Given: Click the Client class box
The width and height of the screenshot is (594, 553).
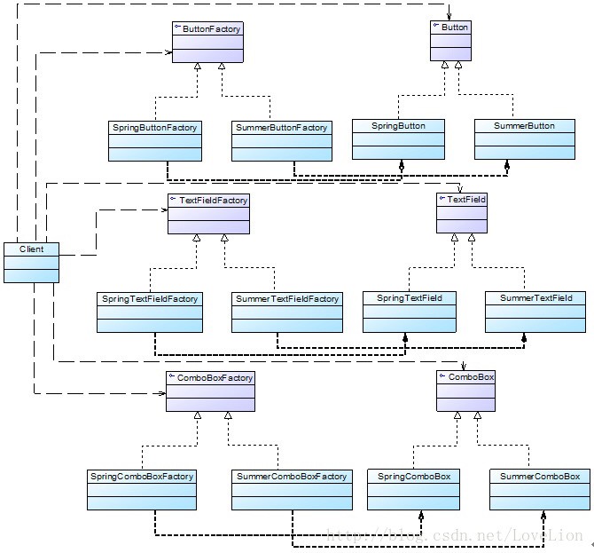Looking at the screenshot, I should tap(31, 262).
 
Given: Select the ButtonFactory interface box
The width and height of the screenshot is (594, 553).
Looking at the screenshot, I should tap(207, 42).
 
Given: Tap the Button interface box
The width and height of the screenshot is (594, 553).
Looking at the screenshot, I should tap(451, 40).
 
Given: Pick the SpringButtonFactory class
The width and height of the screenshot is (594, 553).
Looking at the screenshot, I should tap(155, 141).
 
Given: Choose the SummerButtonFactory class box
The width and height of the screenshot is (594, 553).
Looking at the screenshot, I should tap(281, 141).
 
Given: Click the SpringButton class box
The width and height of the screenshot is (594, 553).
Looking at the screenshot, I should tap(398, 139).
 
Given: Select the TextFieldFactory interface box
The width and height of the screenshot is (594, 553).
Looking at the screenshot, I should tap(208, 214).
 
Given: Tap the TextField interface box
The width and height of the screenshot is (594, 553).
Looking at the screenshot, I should tap(462, 213).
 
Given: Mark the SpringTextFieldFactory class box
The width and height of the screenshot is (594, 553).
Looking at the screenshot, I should tap(150, 312).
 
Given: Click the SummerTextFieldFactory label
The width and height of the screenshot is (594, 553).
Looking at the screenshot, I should tap(286, 299).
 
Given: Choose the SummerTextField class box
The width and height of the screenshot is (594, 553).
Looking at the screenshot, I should tap(535, 312).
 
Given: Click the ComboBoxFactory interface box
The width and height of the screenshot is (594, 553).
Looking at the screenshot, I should tap(210, 391).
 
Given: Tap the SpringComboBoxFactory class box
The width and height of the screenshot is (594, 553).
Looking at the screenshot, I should tap(142, 489).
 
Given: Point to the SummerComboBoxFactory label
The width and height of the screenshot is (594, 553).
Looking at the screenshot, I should tap(292, 477).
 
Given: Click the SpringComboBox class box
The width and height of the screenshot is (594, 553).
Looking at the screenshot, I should tap(413, 489).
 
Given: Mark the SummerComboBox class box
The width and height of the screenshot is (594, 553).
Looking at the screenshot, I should tap(540, 489).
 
